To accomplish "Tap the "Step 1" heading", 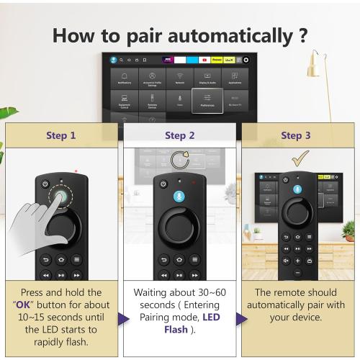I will click(x=60, y=135).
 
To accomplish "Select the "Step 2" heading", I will click(x=179, y=135).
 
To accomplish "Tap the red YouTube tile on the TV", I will click(x=205, y=60).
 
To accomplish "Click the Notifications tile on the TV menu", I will click(x=125, y=78).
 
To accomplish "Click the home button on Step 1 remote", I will click(x=60, y=260).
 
